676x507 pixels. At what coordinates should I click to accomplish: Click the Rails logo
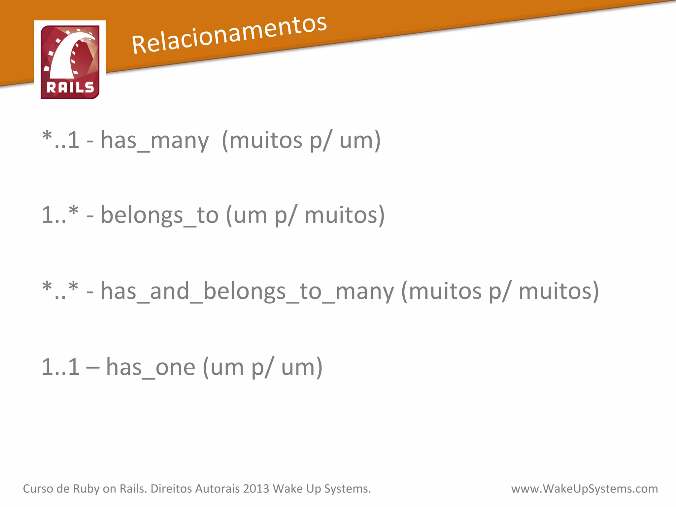pos(70,62)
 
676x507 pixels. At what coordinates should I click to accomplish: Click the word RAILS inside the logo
pos(70,87)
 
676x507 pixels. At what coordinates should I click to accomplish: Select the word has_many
pos(155,141)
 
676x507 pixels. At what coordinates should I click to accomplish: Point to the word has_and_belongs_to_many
pos(247,291)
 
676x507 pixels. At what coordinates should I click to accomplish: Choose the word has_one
pos(151,367)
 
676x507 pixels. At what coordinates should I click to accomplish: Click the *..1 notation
pos(61,140)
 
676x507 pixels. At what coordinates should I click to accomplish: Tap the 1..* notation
pos(60,215)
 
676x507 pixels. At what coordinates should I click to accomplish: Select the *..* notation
pos(60,291)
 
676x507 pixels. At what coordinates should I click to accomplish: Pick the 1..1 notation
pos(60,367)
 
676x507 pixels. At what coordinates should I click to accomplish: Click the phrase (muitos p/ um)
pos(301,141)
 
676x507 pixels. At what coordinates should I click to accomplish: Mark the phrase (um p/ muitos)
pos(305,216)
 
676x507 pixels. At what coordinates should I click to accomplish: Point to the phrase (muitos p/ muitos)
pos(500,291)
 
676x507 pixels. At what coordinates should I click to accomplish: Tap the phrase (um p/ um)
pos(262,367)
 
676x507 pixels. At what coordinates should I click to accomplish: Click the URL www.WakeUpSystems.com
pos(584,489)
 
